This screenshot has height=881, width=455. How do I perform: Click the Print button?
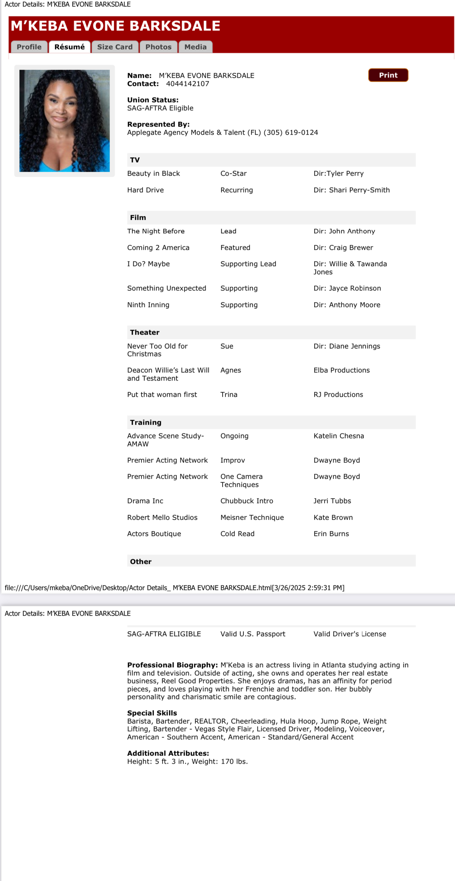tap(388, 75)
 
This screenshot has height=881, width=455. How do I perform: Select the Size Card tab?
tap(115, 47)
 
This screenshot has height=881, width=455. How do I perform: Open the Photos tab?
tap(158, 47)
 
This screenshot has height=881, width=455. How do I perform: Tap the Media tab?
tap(195, 47)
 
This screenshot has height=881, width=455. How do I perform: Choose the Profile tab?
tap(29, 47)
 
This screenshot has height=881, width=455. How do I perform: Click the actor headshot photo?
tap(65, 121)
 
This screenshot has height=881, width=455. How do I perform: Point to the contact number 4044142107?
tap(188, 84)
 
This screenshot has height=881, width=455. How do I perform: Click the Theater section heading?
tap(145, 332)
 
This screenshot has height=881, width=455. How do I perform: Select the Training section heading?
tap(146, 422)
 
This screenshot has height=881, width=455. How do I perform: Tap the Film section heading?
tap(138, 218)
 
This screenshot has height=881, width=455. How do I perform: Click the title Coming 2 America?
tap(158, 248)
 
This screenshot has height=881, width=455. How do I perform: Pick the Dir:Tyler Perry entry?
tap(339, 173)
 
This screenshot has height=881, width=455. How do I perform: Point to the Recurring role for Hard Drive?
tap(237, 190)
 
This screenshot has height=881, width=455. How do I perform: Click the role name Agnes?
tap(231, 370)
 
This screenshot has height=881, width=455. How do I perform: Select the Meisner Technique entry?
tap(252, 518)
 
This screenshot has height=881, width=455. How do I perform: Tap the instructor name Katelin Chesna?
tap(339, 436)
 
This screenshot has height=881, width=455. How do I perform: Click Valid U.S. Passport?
tap(253, 634)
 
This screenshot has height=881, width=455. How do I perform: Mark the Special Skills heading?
tap(152, 713)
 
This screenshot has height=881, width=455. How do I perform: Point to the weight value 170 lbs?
tap(234, 762)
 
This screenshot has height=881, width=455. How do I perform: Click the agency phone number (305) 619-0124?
tap(291, 132)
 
